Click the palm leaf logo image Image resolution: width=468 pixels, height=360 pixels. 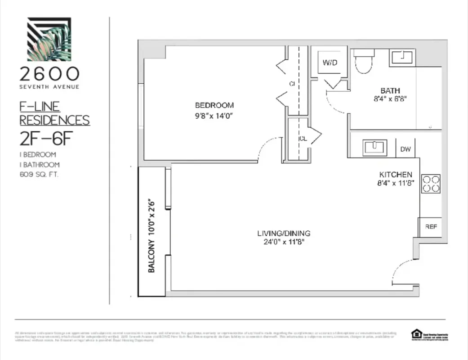pyautogui.click(x=49, y=39)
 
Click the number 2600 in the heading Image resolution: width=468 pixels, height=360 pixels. pyautogui.click(x=49, y=74)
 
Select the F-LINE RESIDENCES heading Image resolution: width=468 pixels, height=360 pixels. pyautogui.click(x=54, y=114)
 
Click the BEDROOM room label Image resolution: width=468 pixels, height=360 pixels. pyautogui.click(x=214, y=105)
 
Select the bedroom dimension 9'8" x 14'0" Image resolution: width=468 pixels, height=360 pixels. pyautogui.click(x=214, y=116)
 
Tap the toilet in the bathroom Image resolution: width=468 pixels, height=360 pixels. pyautogui.click(x=363, y=61)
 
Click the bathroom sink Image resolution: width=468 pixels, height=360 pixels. pyautogui.click(x=402, y=58)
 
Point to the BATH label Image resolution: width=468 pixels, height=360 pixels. pyautogui.click(x=390, y=90)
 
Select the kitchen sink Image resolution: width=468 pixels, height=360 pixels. pyautogui.click(x=374, y=147)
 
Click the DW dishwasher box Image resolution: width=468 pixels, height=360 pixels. pyautogui.click(x=405, y=149)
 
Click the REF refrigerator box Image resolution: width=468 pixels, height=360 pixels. pyautogui.click(x=430, y=227)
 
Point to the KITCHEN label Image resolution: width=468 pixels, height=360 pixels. pyautogui.click(x=396, y=174)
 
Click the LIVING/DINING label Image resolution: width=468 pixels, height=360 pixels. pyautogui.click(x=284, y=233)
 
